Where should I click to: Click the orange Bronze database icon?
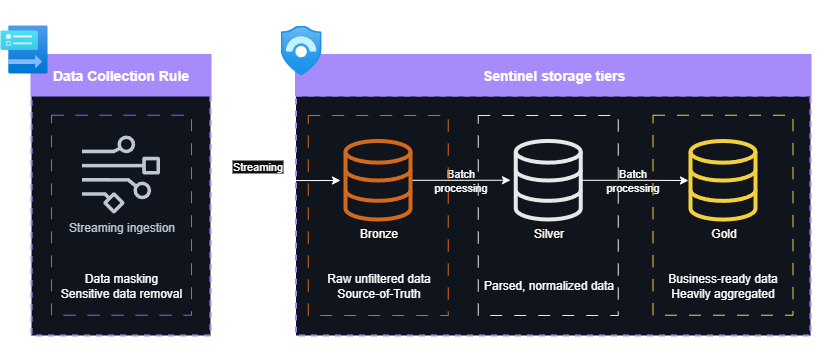coord(377,180)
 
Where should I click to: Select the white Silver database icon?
coord(548,180)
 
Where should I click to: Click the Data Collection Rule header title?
coord(120,76)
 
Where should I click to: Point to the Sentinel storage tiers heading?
coord(554,76)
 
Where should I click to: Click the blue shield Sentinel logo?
coord(301,51)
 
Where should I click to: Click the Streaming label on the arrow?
coord(258,167)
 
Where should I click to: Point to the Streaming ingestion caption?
coord(121,228)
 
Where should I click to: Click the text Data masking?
coord(121,278)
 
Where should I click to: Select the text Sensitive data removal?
coord(121,293)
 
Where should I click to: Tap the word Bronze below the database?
coord(377,234)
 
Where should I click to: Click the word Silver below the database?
coord(548,234)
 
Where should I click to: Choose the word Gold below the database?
coord(722,234)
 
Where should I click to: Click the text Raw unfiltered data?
coord(378,278)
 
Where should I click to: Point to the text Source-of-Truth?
coord(378,293)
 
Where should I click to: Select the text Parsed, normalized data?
coord(548,286)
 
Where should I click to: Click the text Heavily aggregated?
coord(722,293)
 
